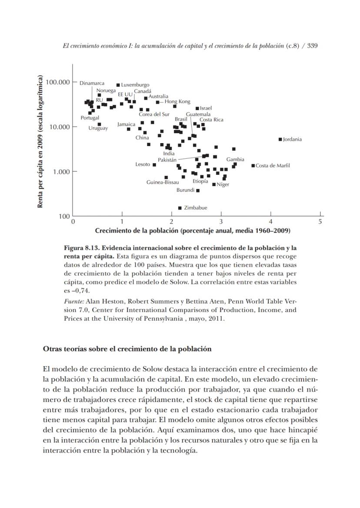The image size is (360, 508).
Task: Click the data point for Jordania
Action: (280, 139)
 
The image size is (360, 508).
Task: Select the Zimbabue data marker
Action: (180, 208)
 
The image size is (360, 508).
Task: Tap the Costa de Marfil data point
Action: (253, 165)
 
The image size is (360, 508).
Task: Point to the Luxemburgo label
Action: (135, 85)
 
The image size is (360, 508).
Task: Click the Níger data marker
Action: (214, 184)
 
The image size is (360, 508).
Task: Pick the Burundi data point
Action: (198, 190)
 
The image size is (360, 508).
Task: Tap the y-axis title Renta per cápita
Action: (40, 141)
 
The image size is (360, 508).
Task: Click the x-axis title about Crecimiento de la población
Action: (193, 231)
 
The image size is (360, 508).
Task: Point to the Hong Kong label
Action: (177, 101)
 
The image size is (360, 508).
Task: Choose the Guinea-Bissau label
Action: (163, 182)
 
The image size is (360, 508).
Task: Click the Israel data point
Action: (197, 108)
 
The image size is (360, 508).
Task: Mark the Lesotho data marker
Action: (154, 164)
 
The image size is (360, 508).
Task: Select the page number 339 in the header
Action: (312, 46)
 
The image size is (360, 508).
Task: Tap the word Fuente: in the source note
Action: (74, 301)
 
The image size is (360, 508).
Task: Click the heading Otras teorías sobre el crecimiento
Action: (127, 349)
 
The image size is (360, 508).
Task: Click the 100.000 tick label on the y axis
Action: (58, 82)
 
